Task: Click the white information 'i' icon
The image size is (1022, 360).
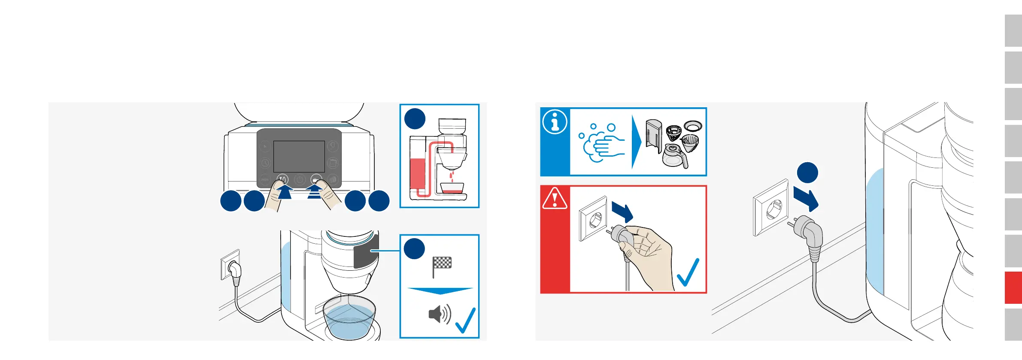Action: click(555, 122)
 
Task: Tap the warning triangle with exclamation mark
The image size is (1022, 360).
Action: click(555, 199)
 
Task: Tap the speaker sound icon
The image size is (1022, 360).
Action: click(439, 314)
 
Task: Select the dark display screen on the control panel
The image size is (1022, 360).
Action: click(299, 156)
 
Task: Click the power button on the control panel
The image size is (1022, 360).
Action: click(300, 179)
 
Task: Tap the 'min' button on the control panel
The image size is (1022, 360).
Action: click(265, 179)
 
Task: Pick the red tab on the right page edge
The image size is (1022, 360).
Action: click(1013, 287)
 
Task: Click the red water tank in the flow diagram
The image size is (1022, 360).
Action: click(417, 174)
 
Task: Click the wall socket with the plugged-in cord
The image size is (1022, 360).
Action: click(230, 265)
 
